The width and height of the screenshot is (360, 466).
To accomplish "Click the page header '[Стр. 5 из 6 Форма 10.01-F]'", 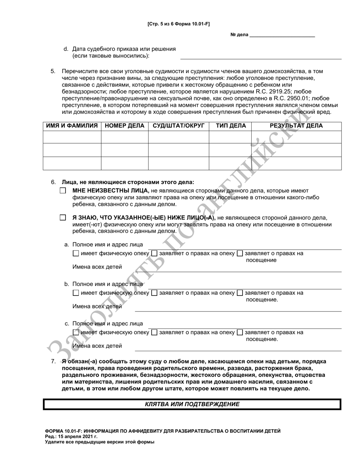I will [x=178, y=24].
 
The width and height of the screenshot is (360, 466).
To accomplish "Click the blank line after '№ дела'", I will [x=282, y=34].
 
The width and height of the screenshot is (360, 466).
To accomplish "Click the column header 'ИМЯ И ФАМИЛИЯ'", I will [x=72, y=126].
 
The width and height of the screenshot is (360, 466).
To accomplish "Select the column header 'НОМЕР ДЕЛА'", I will [x=124, y=126].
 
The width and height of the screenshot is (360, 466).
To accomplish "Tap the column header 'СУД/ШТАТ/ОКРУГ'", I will [x=178, y=126].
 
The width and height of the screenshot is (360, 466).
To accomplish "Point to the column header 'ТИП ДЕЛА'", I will [x=231, y=126].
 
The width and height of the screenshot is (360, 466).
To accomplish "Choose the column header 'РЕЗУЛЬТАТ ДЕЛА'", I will [x=296, y=126].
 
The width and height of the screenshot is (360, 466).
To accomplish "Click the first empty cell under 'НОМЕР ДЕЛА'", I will [x=124, y=137].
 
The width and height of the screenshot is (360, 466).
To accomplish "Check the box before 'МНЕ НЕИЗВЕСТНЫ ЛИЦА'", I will [x=63, y=191].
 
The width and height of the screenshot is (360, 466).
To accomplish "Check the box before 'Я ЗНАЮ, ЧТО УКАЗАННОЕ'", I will [x=63, y=218].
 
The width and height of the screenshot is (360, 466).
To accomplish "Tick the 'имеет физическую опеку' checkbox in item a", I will [x=75, y=253].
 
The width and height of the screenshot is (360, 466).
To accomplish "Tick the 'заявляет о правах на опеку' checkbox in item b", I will [x=154, y=293].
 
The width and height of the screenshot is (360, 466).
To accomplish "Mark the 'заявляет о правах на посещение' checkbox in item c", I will [x=239, y=333].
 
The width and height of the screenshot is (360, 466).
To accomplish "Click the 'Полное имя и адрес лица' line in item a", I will [x=243, y=248].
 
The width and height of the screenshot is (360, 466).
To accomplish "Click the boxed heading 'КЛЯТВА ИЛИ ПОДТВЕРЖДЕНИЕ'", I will [x=192, y=404].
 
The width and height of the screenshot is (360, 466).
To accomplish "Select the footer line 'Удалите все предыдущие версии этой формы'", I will [x=100, y=442].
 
